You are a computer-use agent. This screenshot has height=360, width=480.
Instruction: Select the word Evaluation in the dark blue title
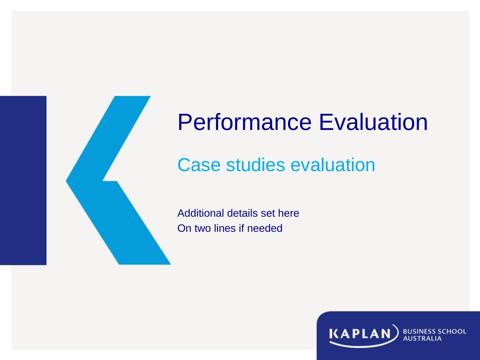point(373,122)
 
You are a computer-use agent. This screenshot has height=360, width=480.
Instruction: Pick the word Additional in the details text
point(194,213)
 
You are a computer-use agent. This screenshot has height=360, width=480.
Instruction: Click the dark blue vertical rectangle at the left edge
point(23,180)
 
